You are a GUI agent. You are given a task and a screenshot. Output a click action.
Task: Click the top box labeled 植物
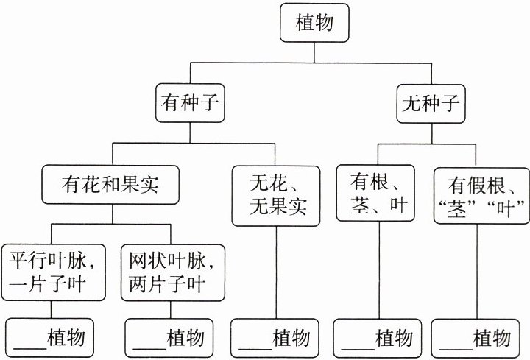[x=314, y=23]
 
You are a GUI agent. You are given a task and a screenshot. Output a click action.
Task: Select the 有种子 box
[x=190, y=103]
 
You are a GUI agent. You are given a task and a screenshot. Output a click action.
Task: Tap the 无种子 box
[x=431, y=104]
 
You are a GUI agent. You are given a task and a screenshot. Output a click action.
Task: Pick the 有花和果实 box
[x=110, y=185]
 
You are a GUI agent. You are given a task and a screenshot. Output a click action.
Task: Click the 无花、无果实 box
[x=276, y=196]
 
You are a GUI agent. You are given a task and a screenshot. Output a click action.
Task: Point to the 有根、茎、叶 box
[x=375, y=193]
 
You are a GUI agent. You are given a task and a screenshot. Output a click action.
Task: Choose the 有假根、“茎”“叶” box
[x=482, y=196]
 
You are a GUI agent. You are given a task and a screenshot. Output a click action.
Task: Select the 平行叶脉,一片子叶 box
[x=54, y=272]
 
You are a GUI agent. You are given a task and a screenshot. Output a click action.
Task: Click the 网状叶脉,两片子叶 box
[x=173, y=272]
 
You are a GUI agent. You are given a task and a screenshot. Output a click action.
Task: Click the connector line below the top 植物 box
[x=314, y=52]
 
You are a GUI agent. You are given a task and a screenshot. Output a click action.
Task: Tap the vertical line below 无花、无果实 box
[x=276, y=272]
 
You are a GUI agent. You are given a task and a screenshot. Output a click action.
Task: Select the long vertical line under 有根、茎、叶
[x=379, y=270]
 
